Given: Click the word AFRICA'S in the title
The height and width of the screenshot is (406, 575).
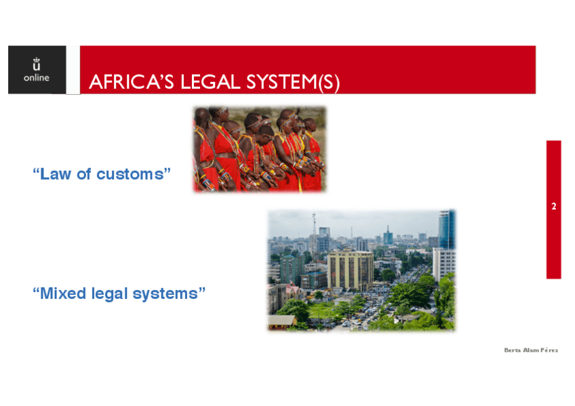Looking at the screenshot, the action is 132,82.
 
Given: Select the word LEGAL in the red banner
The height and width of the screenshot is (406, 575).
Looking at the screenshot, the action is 210,82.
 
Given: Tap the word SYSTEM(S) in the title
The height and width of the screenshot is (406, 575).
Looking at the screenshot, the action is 293,82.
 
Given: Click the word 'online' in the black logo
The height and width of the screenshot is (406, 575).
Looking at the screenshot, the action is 37,78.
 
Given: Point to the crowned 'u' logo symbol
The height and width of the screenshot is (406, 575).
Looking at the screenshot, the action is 37,64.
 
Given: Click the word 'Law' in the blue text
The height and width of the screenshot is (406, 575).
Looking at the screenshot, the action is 56,174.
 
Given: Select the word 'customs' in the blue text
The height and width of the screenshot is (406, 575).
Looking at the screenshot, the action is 130,174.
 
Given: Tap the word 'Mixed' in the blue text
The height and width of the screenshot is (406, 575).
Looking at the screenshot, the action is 62,293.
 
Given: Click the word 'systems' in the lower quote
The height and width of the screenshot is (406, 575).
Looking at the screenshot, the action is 165,294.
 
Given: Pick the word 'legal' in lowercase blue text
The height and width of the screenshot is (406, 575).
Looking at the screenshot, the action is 109,294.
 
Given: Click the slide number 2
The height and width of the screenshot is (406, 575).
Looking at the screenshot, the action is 554,206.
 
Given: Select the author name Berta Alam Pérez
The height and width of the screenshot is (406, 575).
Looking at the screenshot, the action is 531,350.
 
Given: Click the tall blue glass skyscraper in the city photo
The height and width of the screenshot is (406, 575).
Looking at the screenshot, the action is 447,229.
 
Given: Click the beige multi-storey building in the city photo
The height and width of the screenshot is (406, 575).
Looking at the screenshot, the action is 350,271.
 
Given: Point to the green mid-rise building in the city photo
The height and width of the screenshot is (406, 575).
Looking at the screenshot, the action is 292,270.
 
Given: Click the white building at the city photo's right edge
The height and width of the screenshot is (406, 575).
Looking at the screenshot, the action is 443,264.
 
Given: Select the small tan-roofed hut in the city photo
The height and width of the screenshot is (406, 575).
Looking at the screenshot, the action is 282,321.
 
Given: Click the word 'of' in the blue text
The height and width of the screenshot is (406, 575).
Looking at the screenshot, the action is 83,174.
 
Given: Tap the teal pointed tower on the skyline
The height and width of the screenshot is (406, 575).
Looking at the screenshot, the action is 388,235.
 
